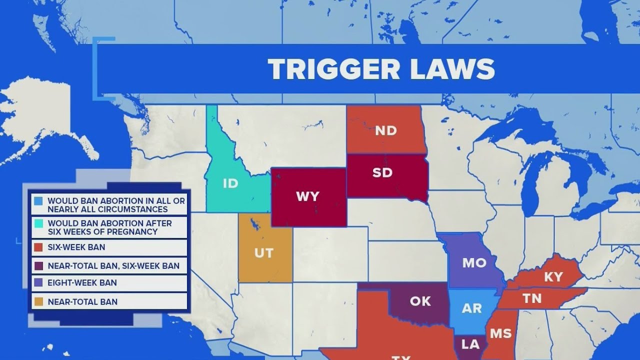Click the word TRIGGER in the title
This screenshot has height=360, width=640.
point(333,69)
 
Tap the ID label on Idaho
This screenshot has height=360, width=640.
point(230,183)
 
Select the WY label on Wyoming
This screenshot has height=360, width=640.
point(307,196)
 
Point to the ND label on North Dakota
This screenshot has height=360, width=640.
point(385,131)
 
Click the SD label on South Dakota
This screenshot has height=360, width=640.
point(382,173)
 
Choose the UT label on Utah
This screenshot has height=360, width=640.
point(264,253)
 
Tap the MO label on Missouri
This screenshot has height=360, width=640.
point(474,263)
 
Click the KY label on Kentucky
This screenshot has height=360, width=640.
point(553,277)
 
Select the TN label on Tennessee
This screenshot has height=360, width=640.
point(532,298)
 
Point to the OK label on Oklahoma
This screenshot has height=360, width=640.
point(420,301)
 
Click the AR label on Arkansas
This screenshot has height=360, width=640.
point(471,308)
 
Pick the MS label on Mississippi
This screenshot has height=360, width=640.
point(500,333)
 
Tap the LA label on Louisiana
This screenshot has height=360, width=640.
point(470,344)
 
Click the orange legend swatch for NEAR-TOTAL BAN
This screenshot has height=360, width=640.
point(38,301)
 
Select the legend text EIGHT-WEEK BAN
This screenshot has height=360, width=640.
point(82,282)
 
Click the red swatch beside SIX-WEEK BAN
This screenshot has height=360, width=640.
point(38,247)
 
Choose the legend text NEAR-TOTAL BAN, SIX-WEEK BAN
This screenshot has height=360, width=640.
point(113,266)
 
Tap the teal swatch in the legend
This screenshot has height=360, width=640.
point(38,223)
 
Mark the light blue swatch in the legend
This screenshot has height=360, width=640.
point(38,201)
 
